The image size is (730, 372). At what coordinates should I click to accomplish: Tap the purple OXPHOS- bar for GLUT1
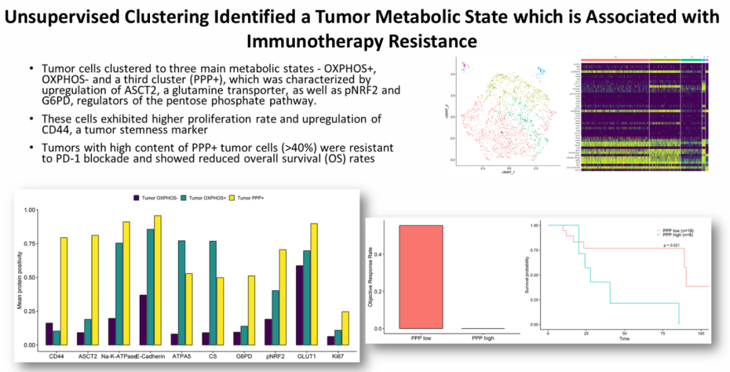point(300,305)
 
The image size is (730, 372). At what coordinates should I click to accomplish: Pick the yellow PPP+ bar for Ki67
point(346,328)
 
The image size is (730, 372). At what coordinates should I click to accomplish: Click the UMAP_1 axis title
point(508,173)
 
